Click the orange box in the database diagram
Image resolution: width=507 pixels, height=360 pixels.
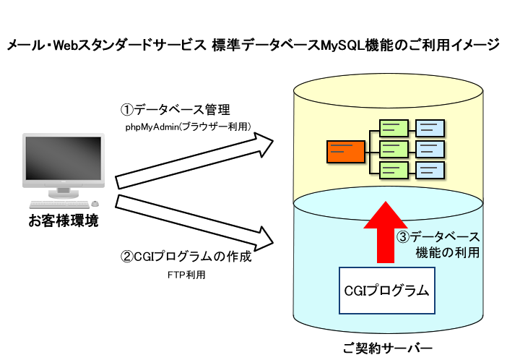(x=343, y=150)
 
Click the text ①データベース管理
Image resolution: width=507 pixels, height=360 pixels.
(x=174, y=111)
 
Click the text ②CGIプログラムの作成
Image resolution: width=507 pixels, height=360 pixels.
(x=186, y=257)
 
